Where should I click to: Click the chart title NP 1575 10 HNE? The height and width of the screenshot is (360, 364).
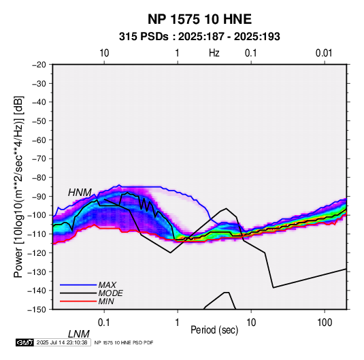click(199, 19)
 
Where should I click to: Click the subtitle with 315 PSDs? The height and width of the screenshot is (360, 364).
click(199, 37)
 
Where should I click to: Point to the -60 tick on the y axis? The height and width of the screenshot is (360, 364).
click(39, 140)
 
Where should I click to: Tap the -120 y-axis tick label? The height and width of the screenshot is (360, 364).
click(37, 252)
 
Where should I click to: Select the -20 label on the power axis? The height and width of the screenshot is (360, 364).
click(39, 65)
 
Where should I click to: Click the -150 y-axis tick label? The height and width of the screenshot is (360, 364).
click(37, 310)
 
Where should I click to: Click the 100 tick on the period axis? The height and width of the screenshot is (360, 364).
click(325, 323)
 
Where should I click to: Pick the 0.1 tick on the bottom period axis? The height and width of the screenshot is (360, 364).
click(104, 323)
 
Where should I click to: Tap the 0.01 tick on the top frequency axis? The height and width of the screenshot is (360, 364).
click(324, 53)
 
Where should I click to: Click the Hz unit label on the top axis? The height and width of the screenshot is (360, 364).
click(214, 53)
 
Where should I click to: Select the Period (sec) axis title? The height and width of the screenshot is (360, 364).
click(214, 330)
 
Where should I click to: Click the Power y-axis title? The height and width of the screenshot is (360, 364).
click(18, 186)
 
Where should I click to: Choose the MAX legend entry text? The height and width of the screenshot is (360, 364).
click(107, 284)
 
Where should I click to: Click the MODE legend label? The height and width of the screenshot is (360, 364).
click(110, 293)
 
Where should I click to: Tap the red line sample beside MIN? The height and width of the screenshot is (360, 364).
click(78, 301)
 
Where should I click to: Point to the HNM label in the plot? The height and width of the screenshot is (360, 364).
click(80, 193)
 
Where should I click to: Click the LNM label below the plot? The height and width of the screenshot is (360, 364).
click(78, 334)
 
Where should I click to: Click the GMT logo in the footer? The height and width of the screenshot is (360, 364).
click(24, 342)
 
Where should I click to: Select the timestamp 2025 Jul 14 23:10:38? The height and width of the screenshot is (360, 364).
click(62, 342)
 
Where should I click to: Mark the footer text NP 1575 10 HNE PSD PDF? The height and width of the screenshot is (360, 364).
click(124, 342)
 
